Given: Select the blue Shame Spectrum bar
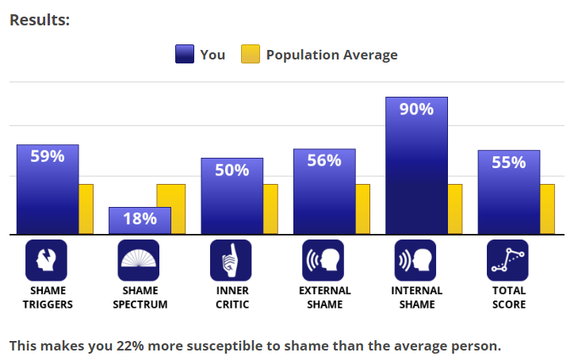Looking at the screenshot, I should tap(140, 220).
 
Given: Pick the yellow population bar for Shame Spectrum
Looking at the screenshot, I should tap(170, 209).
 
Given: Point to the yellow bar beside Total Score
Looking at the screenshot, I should tap(547, 209).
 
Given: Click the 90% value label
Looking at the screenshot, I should tap(416, 109).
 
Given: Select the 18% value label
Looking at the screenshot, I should tap(140, 219).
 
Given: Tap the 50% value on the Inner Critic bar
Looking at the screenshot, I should tap(232, 170).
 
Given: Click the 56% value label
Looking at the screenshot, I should tap(324, 161).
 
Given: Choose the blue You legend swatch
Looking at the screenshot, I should tap(184, 55).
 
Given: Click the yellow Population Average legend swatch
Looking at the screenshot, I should tap(251, 55).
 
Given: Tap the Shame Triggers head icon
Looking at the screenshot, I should tap(47, 260).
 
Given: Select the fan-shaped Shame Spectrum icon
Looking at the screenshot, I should tap(139, 260).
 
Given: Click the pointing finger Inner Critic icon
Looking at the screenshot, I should tap(231, 260).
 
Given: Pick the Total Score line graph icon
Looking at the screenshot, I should tap(507, 260).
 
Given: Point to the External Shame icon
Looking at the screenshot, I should tap(323, 260).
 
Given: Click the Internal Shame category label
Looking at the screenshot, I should tap(416, 297).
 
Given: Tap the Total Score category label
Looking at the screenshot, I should tap(507, 297).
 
